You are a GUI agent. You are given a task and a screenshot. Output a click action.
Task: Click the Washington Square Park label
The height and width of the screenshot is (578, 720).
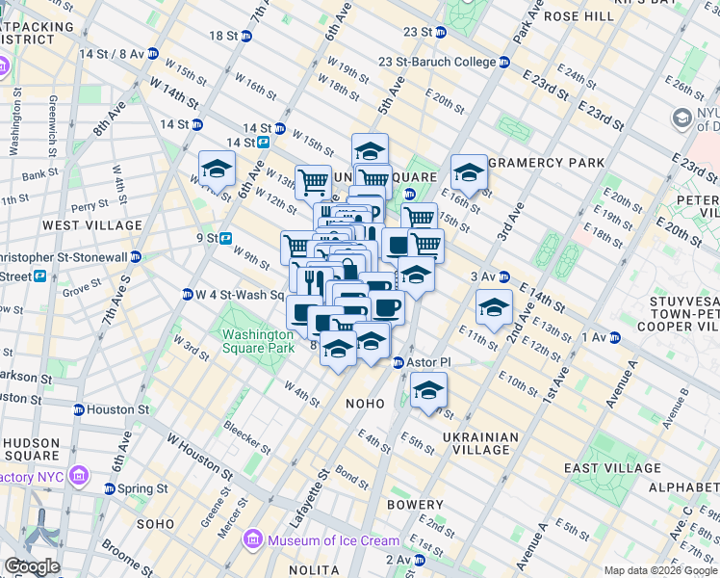point(258,341)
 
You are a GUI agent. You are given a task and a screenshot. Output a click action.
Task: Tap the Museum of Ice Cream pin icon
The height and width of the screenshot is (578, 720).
point(255,539)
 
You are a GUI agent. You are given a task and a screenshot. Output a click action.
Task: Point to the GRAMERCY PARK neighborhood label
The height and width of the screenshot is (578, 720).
point(546,162)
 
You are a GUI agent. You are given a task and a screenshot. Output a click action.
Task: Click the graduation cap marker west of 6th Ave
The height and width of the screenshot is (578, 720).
point(217,171)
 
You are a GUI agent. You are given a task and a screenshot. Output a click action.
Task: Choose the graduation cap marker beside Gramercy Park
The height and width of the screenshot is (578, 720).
point(469,173)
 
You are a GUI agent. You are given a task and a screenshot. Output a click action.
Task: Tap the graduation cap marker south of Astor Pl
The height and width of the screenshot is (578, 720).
point(429,391)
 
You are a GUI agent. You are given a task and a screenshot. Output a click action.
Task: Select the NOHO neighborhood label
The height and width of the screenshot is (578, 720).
point(365,404)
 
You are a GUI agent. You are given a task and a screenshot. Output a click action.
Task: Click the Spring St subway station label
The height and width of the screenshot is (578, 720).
point(142,488)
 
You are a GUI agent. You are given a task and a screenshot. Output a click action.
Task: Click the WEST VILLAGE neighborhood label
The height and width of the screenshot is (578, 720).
point(92,225)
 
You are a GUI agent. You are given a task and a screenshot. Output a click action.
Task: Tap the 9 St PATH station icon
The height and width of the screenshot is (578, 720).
point(225,238)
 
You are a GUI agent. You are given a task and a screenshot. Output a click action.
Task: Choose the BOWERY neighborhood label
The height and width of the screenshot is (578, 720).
point(415,504)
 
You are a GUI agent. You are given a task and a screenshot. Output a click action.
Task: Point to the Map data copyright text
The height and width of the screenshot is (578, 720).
point(659,570)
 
